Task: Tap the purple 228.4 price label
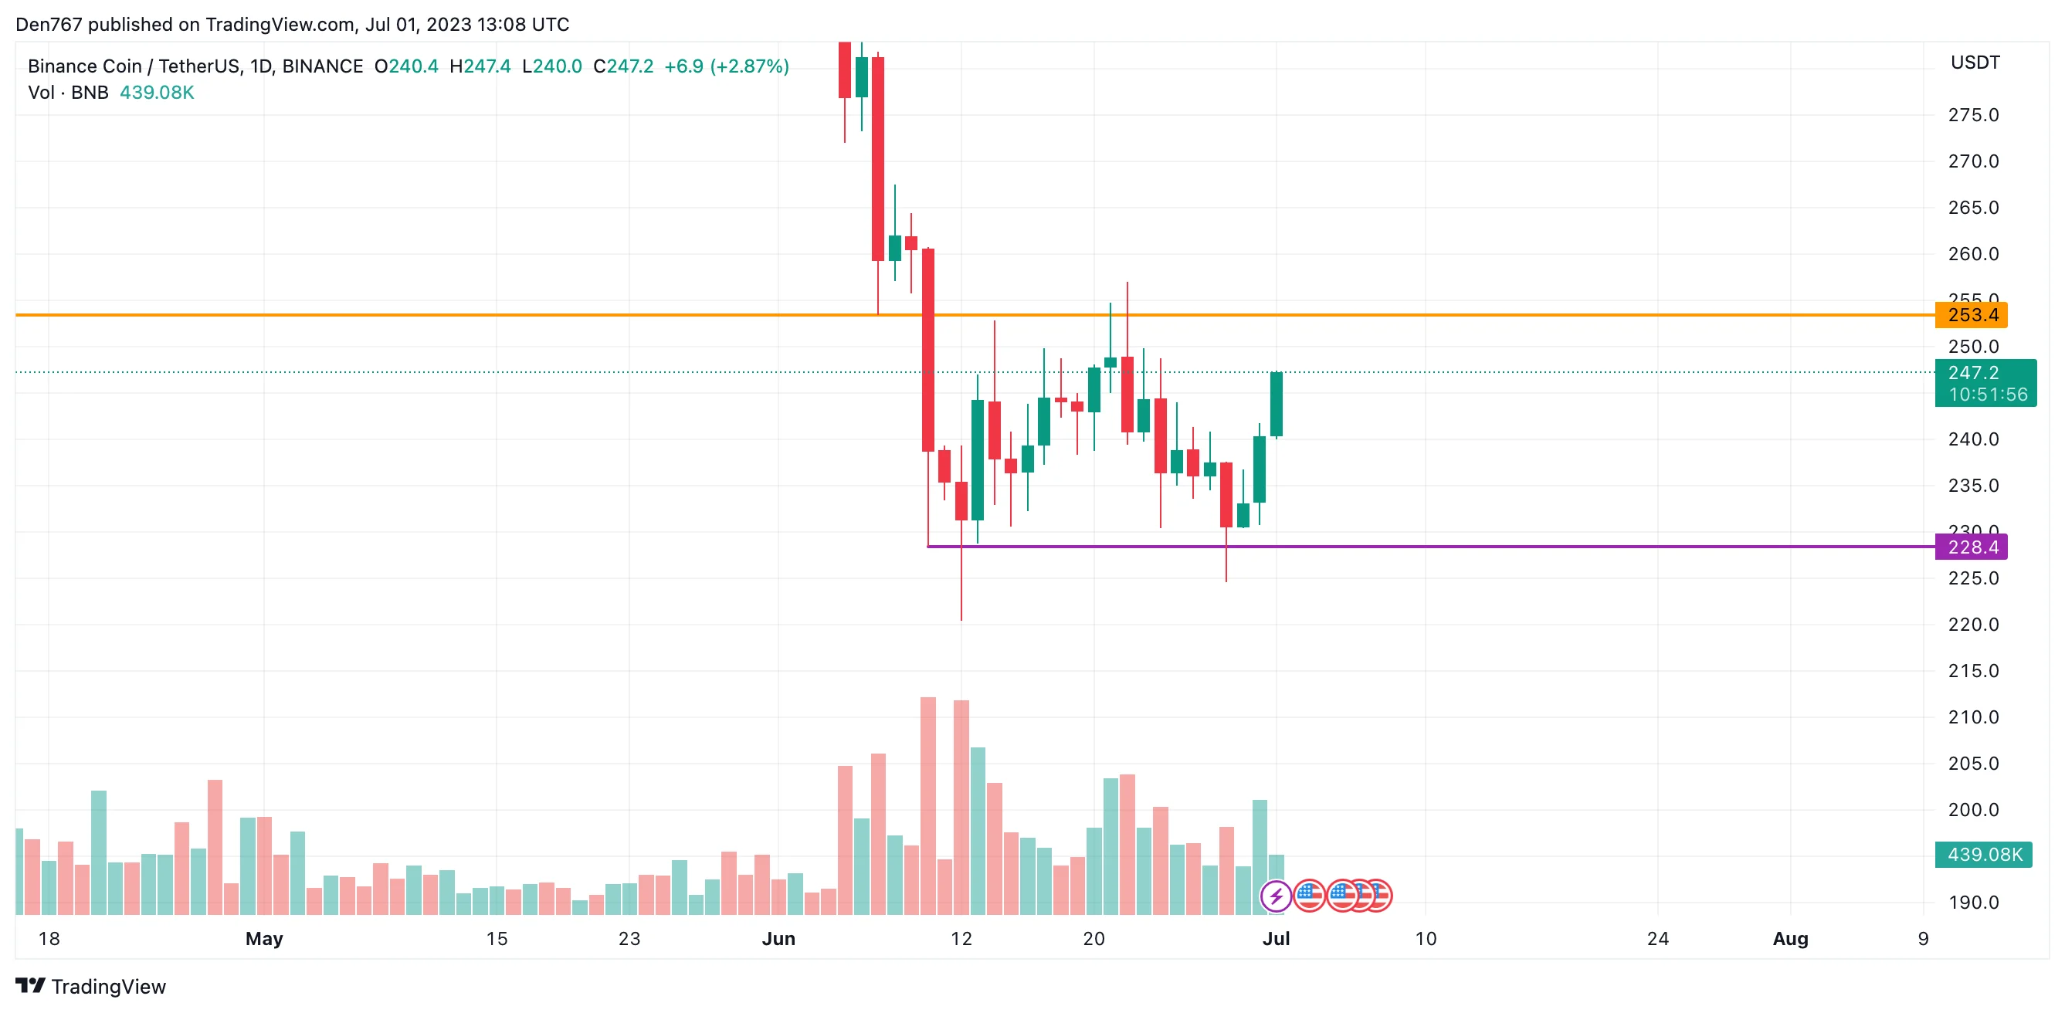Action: (1972, 547)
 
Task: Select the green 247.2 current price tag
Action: (1985, 383)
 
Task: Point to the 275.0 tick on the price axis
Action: (1973, 115)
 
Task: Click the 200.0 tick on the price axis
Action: (1973, 809)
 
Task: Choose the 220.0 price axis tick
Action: (1973, 625)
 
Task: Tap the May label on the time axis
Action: (264, 938)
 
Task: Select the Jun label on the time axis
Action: (778, 938)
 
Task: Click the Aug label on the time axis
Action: (1790, 938)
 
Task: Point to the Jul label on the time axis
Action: (1276, 938)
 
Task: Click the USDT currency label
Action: (1975, 63)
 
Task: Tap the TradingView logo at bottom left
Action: (90, 987)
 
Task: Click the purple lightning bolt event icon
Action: (1276, 895)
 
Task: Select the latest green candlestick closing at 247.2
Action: (1277, 404)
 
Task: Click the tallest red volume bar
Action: (927, 805)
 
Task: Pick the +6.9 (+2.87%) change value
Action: (726, 66)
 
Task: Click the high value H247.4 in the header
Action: (480, 66)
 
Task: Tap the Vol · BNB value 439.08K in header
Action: (156, 93)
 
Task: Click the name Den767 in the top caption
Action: (48, 25)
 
